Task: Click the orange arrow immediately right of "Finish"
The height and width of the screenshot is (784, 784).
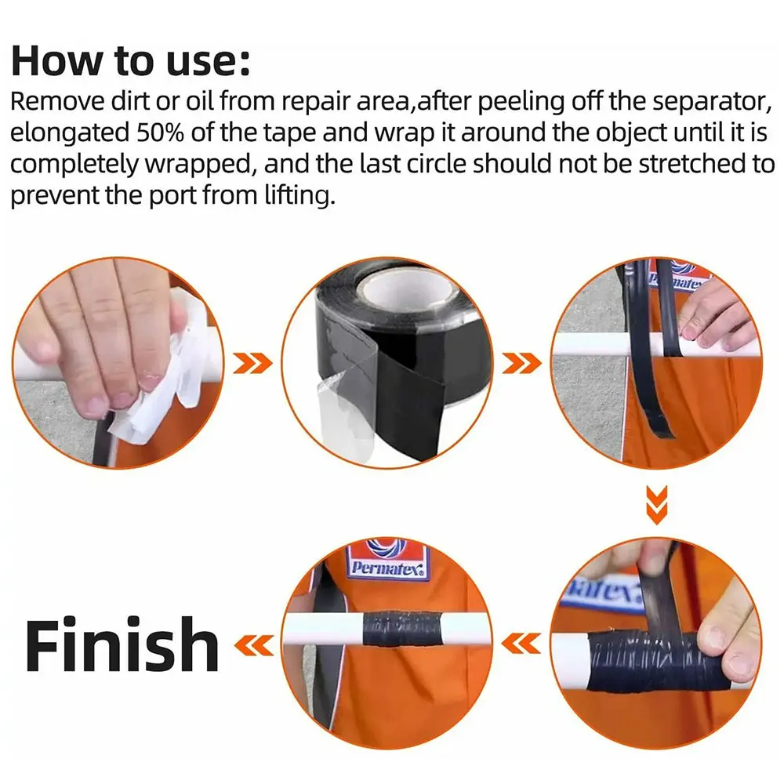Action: (254, 645)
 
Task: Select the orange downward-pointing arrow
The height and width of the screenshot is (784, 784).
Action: (656, 503)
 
